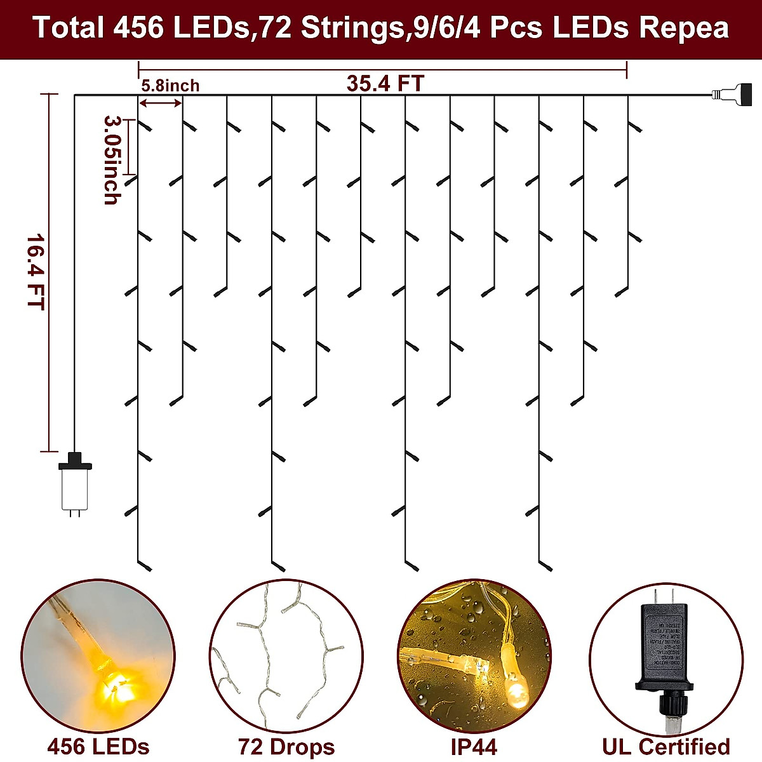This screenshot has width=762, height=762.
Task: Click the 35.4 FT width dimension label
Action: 385,83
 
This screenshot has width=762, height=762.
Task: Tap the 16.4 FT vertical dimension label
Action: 35,272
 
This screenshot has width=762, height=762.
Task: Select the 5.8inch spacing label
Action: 170,86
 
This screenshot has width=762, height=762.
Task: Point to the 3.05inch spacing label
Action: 111,159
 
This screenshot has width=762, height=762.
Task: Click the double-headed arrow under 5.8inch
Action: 161,103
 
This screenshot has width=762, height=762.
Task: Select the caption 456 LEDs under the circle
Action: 98,746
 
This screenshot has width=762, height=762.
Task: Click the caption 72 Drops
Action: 286,747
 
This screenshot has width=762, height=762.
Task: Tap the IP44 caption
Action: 474,747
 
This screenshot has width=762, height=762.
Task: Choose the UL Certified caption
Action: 665,746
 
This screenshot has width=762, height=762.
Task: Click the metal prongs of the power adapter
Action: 664,596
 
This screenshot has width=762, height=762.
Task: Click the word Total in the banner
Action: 68,28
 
